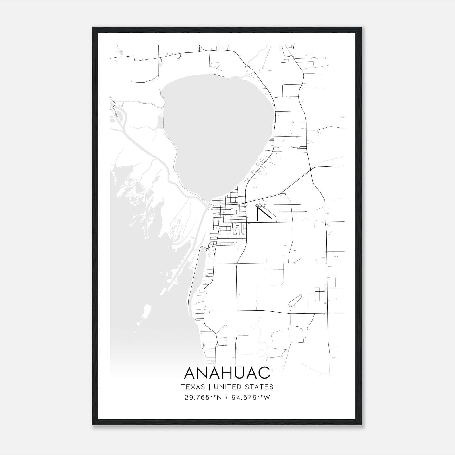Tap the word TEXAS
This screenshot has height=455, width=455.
pos(193,387)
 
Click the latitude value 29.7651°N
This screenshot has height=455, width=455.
pos(202,397)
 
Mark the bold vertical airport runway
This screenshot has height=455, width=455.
pos(257,214)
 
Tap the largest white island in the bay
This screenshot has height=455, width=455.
pos(147,312)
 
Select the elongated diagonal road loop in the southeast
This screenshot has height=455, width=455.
pos(295,300)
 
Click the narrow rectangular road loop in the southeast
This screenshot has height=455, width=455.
pos(317,294)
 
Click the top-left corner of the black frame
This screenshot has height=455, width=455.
pos(93,28)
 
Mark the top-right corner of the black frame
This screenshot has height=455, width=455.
pos(361,28)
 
